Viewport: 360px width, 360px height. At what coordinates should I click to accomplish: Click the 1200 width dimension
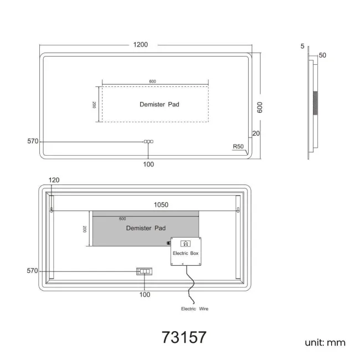click(141, 44)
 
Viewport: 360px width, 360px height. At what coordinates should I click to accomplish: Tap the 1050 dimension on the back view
click(161, 204)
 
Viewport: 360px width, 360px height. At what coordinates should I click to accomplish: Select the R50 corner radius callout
click(238, 146)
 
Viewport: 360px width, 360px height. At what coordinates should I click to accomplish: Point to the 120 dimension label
click(54, 180)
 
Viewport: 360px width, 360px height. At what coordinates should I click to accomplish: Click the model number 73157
click(184, 337)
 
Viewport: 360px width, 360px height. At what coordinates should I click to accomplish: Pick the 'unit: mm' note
click(325, 342)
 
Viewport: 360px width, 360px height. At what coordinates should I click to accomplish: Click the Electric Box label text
click(186, 253)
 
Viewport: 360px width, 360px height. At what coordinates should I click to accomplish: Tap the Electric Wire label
click(195, 309)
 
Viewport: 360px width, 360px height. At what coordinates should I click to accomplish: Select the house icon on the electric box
click(186, 243)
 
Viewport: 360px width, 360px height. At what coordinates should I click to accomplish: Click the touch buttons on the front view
click(148, 142)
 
